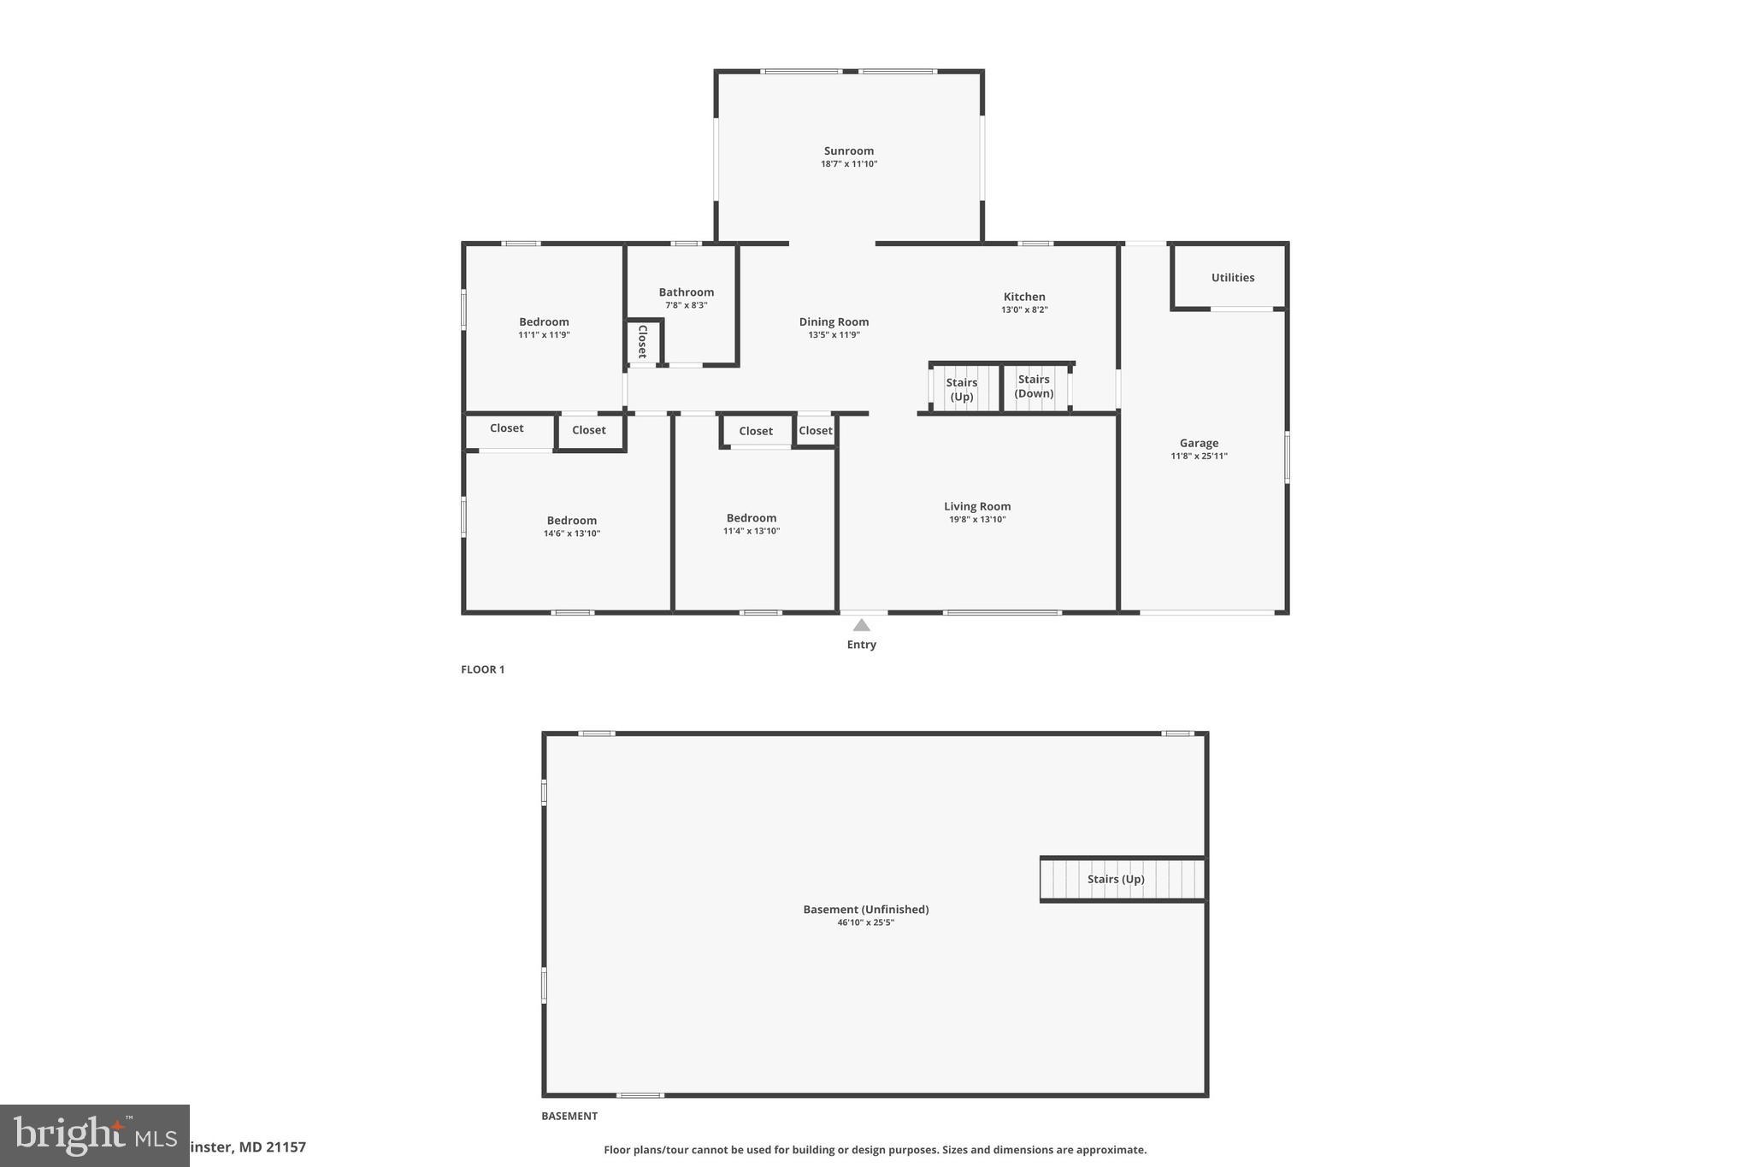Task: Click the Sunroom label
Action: click(848, 151)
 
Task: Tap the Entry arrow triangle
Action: click(861, 625)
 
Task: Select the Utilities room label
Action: click(1232, 278)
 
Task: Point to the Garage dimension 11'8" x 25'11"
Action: click(1199, 457)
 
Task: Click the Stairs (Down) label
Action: click(1034, 386)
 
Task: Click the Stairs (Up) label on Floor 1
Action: click(962, 390)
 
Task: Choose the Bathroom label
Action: click(686, 292)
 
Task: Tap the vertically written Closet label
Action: click(642, 342)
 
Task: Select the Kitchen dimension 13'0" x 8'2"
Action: click(1024, 310)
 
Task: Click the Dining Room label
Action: click(834, 322)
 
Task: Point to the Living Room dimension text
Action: click(977, 520)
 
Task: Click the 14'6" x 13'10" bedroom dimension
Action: click(571, 533)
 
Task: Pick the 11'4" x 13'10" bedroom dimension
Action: click(751, 531)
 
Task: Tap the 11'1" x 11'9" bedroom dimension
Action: click(544, 335)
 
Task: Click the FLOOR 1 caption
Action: click(482, 669)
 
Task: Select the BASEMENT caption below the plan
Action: click(569, 1116)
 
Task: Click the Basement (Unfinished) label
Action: click(865, 910)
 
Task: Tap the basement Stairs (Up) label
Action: click(1115, 879)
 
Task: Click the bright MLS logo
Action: click(94, 1135)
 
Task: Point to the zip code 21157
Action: click(286, 1147)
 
